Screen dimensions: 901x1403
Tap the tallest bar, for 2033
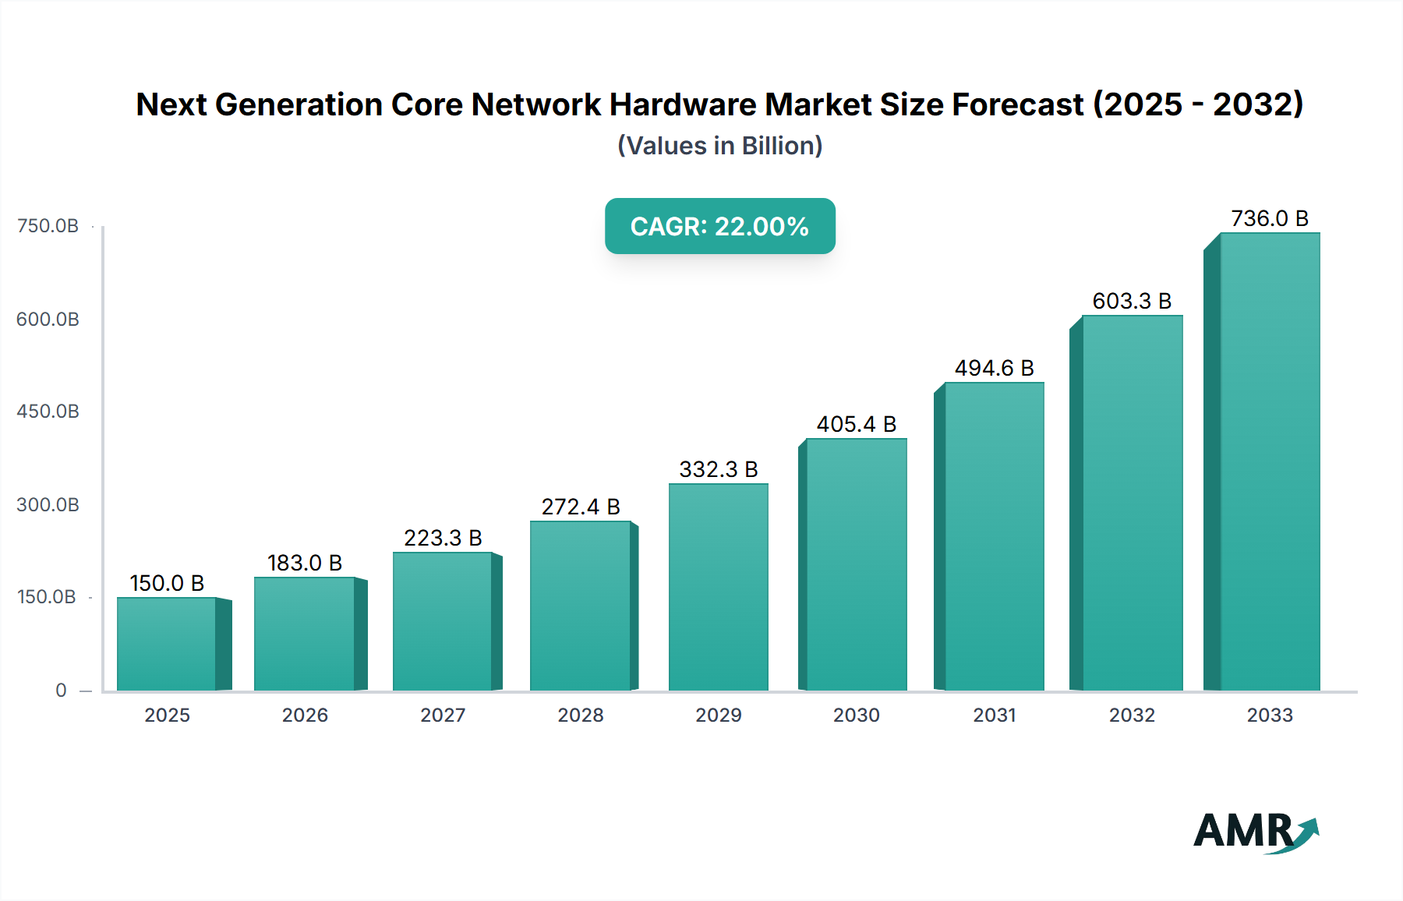[1269, 461]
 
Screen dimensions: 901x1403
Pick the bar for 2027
[442, 621]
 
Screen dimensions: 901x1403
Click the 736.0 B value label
[1269, 218]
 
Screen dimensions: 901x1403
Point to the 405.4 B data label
[856, 424]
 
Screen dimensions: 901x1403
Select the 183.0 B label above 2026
[304, 563]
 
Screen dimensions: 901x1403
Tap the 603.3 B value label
[1132, 301]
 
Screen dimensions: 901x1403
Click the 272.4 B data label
[581, 507]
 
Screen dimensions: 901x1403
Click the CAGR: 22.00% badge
[719, 226]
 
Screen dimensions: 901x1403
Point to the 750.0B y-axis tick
[48, 226]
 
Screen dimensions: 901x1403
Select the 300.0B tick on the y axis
[48, 505]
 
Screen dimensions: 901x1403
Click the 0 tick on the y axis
[61, 691]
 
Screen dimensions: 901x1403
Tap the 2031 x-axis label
[994, 715]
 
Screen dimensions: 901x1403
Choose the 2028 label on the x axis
[581, 715]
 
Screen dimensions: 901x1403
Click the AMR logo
[1255, 832]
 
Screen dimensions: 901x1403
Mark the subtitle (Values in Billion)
[719, 146]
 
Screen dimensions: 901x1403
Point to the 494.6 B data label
[994, 368]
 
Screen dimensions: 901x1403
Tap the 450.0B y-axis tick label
[48, 412]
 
